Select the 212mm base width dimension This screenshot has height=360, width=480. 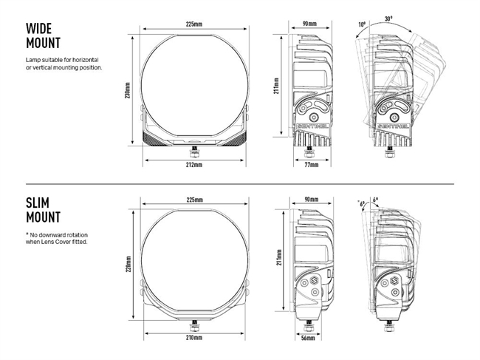click(194, 165)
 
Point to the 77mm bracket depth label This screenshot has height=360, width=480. click(311, 165)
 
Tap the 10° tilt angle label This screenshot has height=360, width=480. click(361, 24)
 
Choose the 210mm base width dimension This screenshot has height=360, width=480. click(194, 337)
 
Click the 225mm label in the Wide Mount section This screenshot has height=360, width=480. click(194, 24)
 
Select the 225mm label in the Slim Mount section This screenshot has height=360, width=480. click(194, 200)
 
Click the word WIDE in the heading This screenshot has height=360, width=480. click(38, 29)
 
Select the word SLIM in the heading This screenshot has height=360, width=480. click(37, 203)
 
